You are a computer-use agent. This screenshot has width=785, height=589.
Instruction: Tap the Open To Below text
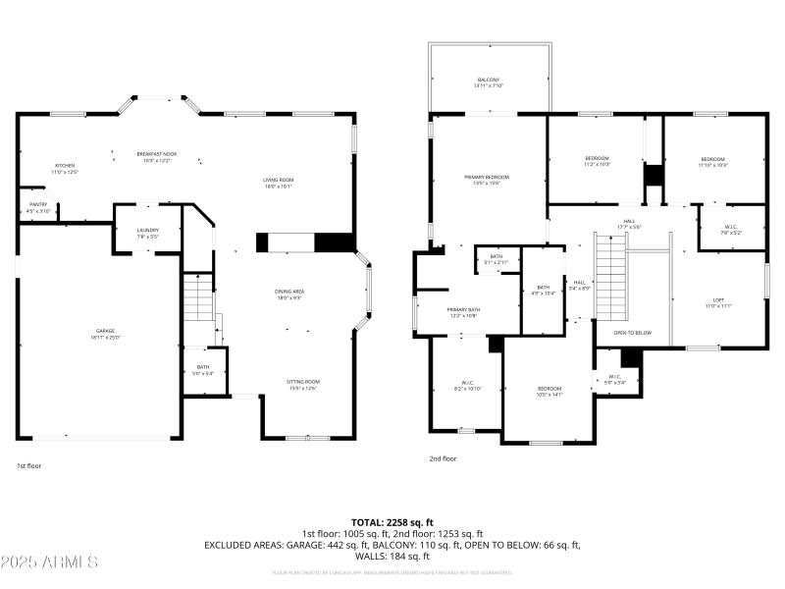click(x=633, y=333)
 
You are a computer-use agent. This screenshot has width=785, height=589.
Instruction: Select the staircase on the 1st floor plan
click(x=197, y=296)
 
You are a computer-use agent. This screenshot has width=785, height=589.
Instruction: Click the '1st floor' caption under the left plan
click(x=29, y=466)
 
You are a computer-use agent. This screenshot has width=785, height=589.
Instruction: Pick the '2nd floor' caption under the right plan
click(x=443, y=458)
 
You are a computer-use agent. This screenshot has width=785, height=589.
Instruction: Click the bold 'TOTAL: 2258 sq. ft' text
click(x=392, y=522)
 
